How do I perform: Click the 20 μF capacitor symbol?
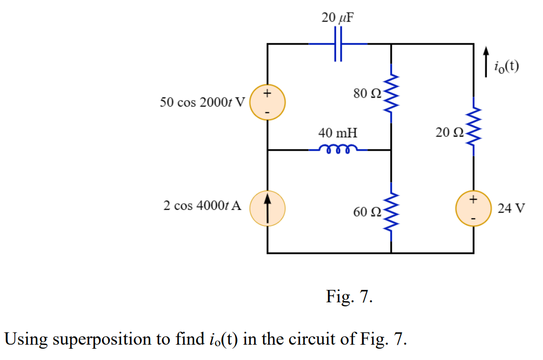(x=338, y=44)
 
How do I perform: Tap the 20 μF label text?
(x=338, y=18)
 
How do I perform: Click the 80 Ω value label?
(x=366, y=93)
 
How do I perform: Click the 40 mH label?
(x=338, y=133)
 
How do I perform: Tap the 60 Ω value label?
(x=366, y=212)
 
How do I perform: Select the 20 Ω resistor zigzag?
(x=474, y=128)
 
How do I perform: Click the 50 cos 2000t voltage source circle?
(x=267, y=102)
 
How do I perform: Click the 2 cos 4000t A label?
(x=202, y=206)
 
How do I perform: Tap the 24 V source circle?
(x=473, y=209)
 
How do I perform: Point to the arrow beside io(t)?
(x=487, y=62)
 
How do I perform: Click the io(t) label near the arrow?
(x=506, y=66)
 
